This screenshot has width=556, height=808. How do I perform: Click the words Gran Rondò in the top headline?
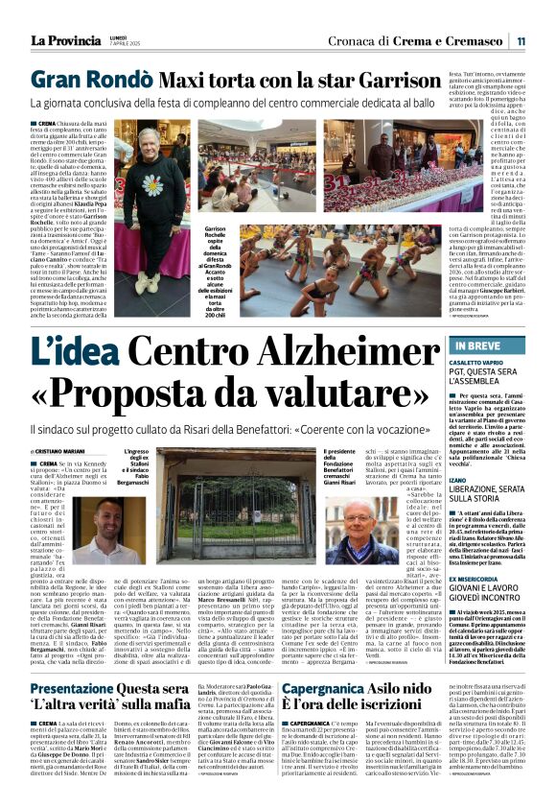coord(82,80)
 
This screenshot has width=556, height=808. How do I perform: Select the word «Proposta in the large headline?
coord(122,394)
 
